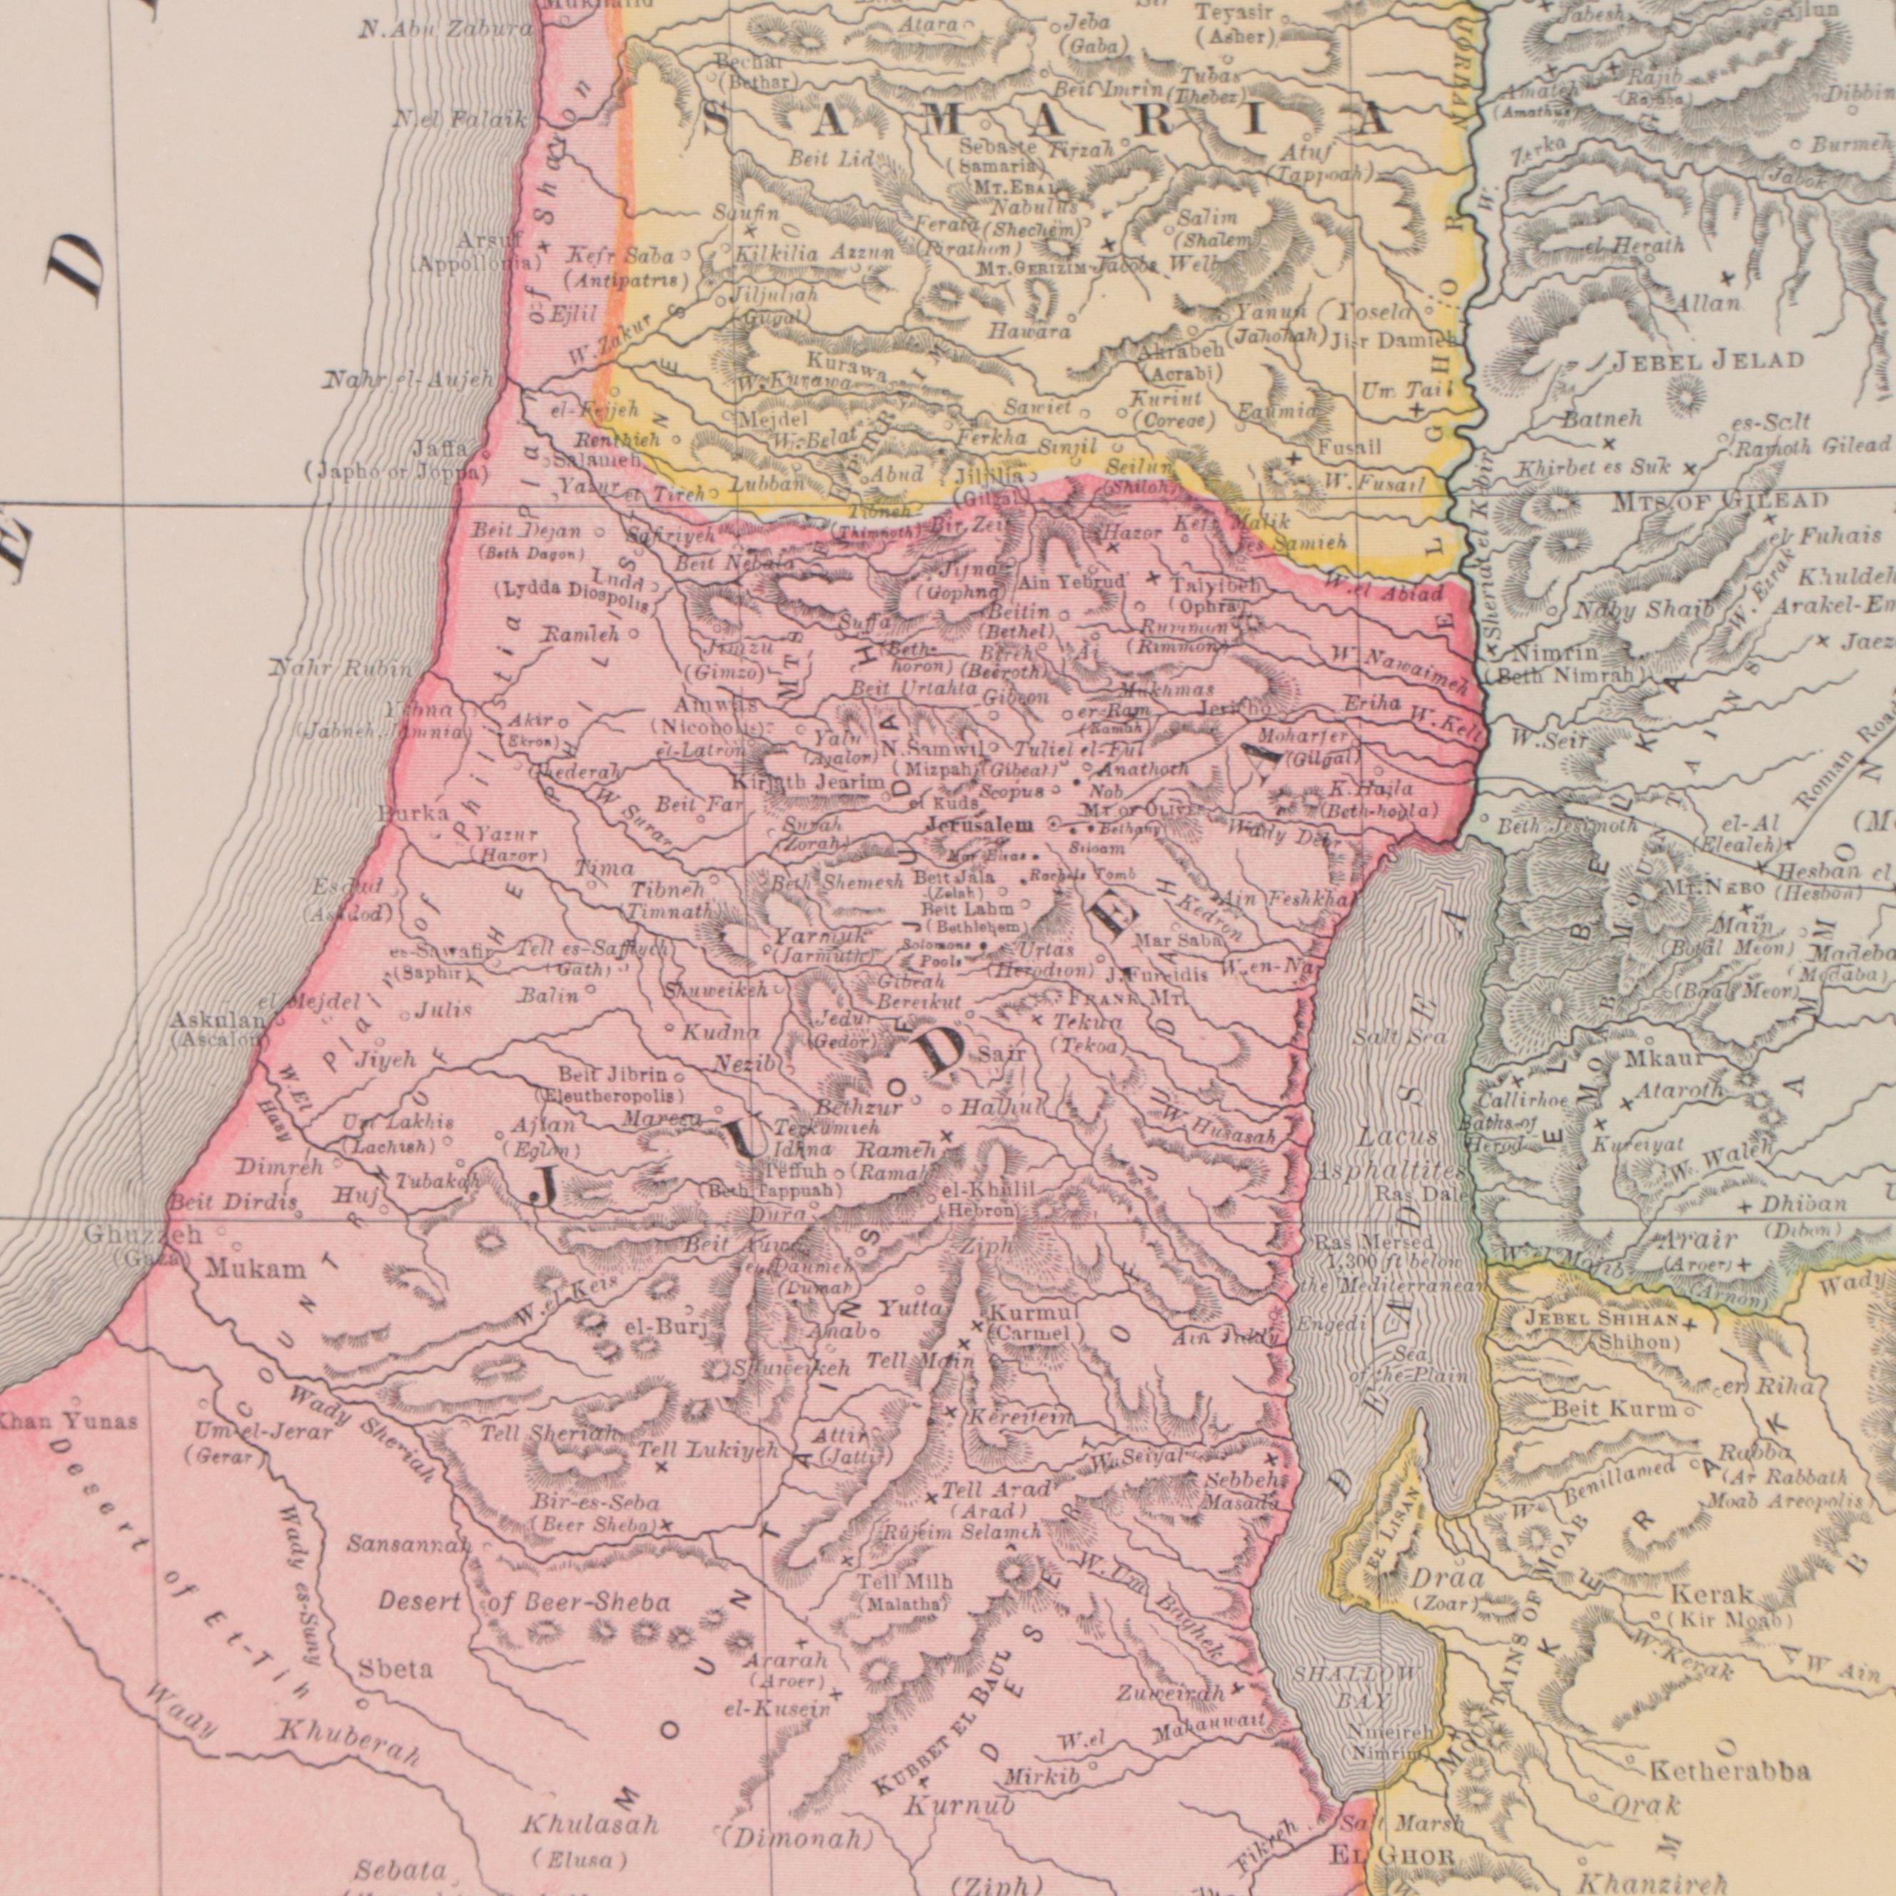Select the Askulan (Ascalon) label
point(216,1029)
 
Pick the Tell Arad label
point(995,1491)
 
